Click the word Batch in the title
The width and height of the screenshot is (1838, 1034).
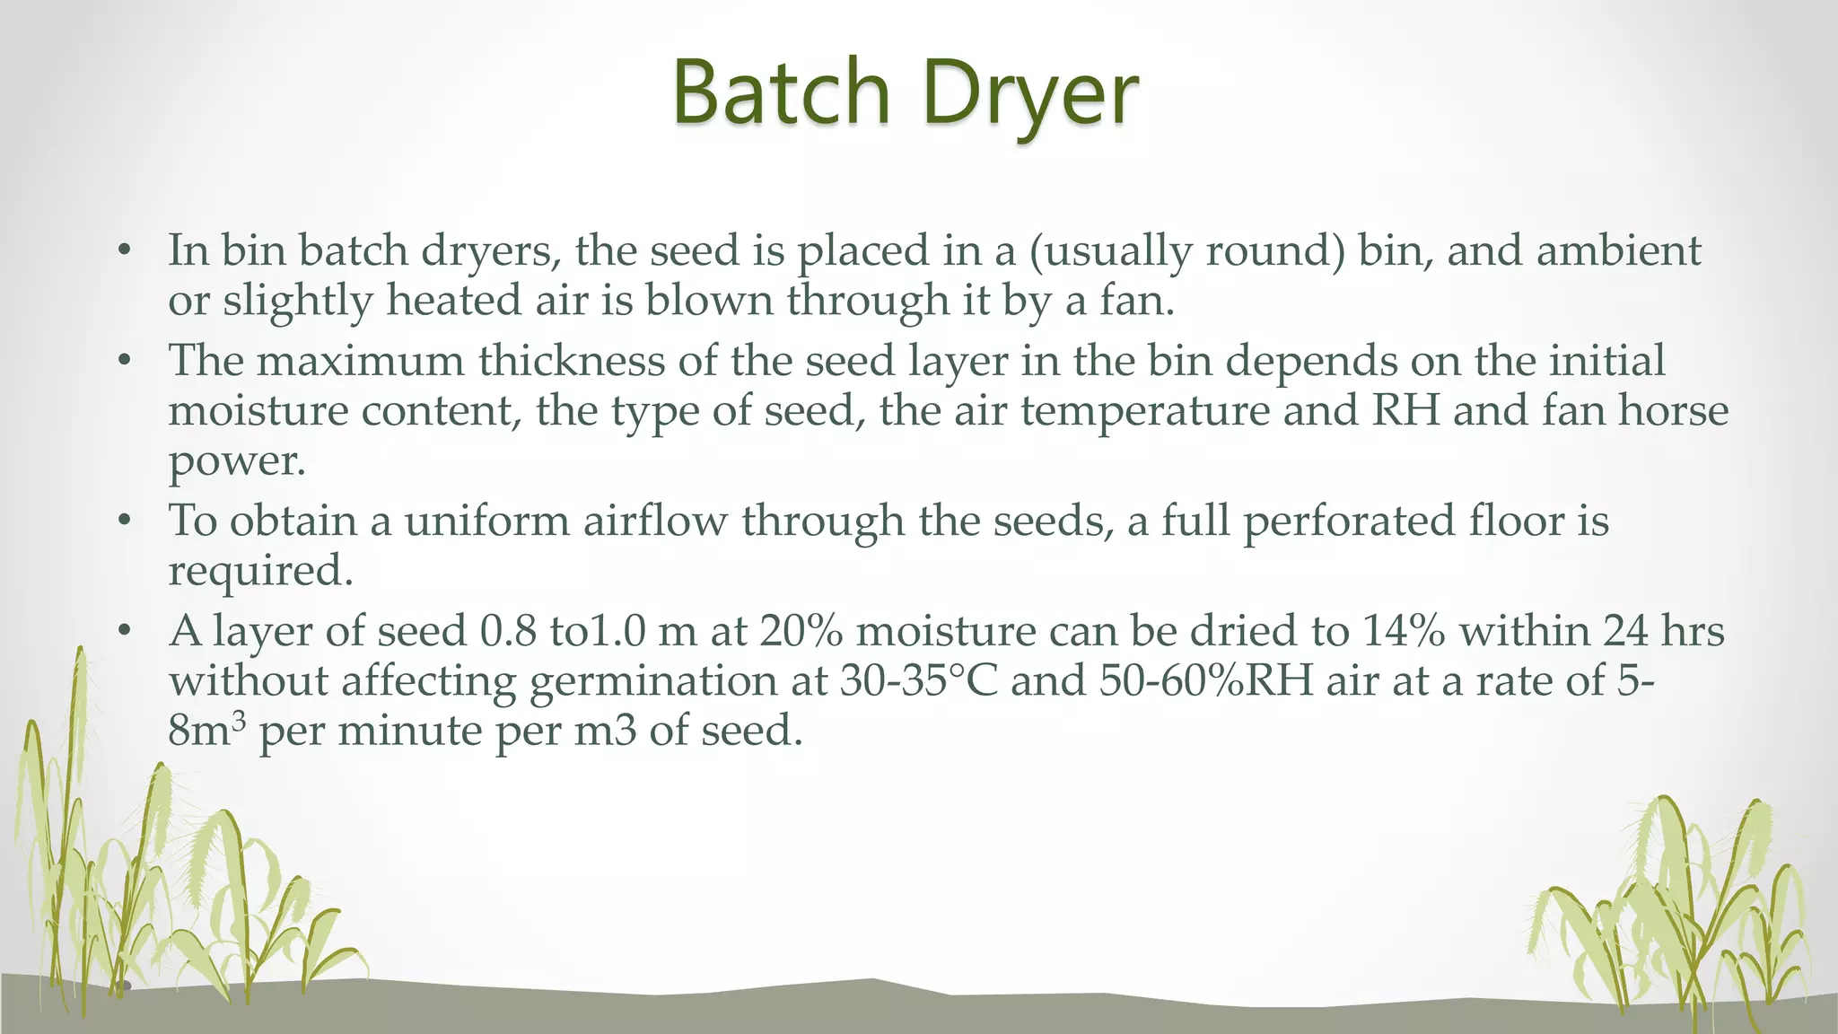pos(781,92)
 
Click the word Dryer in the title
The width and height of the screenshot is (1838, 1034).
pos(1030,92)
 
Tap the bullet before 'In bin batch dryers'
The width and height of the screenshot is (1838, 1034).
pos(125,250)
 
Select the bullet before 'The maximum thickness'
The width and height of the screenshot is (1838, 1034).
pos(125,361)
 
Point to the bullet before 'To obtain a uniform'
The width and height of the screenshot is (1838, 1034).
pos(125,521)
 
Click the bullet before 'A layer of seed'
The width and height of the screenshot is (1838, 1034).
pos(125,631)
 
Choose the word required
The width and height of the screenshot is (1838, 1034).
pos(260,572)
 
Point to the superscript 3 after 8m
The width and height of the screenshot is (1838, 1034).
pos(237,721)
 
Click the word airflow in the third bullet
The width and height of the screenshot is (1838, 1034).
pos(654,521)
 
